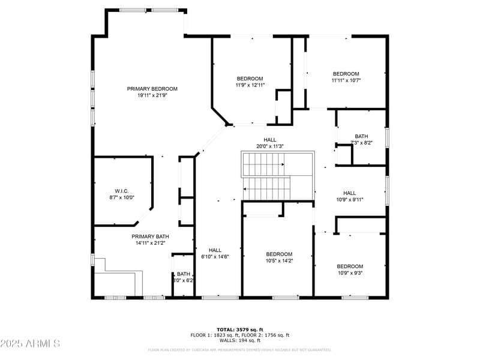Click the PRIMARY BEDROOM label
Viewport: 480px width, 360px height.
[152, 89]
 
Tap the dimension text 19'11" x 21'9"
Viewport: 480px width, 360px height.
[152, 95]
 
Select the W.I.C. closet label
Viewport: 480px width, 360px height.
[122, 190]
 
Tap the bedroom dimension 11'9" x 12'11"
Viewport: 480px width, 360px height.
[250, 85]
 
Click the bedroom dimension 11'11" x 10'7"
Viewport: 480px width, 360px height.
[346, 80]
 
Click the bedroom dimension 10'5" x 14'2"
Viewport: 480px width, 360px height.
[279, 260]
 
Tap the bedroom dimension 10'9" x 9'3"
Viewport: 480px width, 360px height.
[350, 273]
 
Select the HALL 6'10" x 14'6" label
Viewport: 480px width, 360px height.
[215, 253]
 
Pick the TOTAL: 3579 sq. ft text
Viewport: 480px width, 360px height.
[239, 329]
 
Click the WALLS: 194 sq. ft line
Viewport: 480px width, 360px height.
[239, 340]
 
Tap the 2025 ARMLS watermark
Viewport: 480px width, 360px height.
[30, 344]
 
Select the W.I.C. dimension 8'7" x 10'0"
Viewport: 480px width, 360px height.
[122, 197]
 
